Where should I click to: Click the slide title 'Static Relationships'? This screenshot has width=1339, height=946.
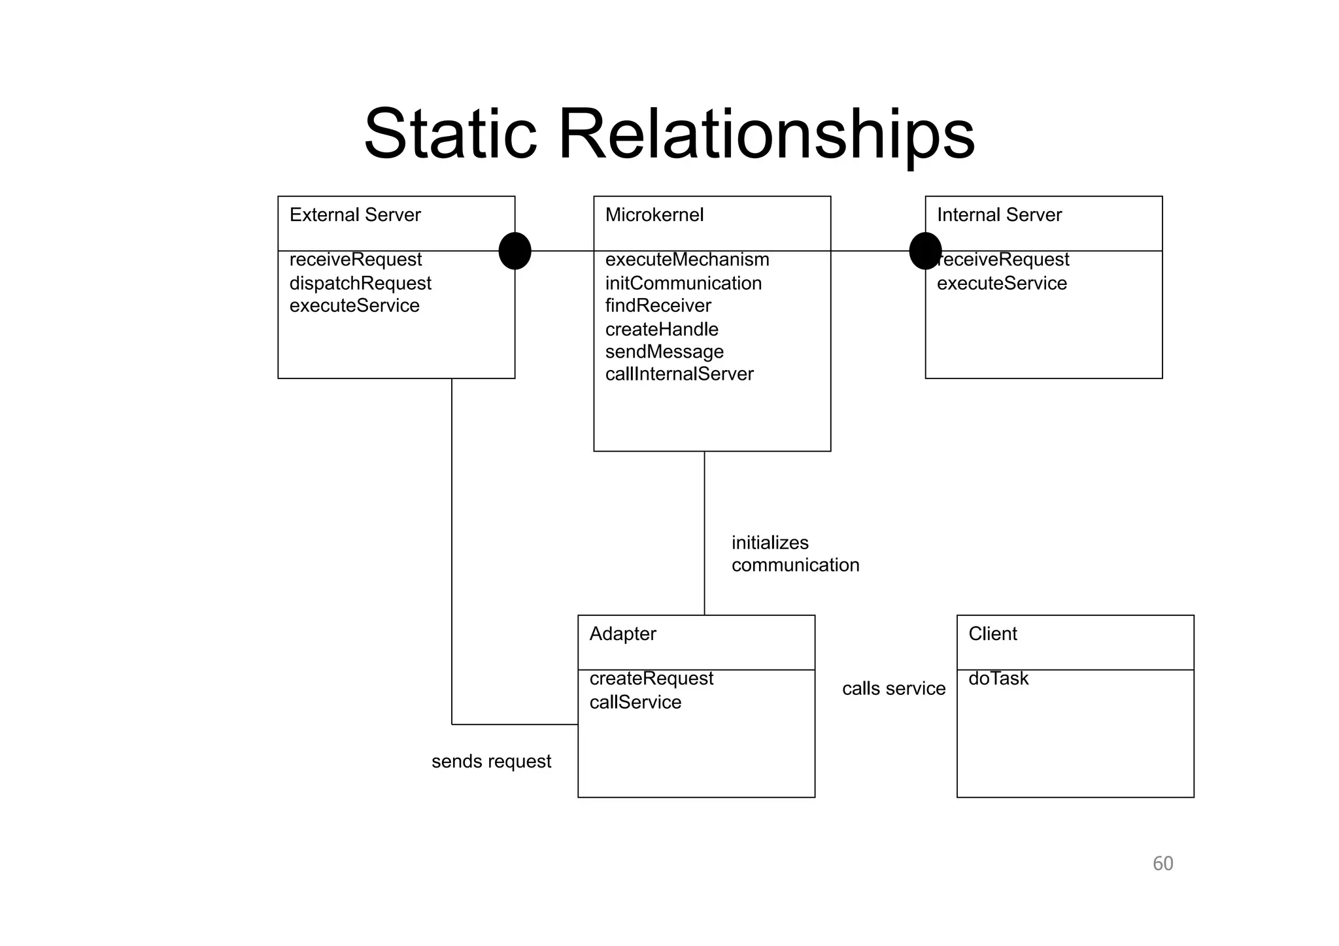669,134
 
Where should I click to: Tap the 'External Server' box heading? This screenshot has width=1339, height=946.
355,215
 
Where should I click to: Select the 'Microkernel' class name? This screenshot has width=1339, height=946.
654,215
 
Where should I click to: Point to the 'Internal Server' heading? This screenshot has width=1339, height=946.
999,215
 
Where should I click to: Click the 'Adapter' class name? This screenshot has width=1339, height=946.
622,634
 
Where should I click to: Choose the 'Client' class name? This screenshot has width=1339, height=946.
992,634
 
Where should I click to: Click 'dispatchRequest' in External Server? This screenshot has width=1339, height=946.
360,284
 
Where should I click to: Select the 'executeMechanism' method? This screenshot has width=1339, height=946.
687,260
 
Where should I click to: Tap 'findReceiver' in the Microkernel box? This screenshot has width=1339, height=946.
658,306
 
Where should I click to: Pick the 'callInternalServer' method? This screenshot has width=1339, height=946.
679,375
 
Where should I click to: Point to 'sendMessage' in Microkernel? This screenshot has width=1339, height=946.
664,352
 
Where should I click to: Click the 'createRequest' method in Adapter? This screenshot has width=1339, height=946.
651,679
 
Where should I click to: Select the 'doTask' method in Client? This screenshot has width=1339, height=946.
998,679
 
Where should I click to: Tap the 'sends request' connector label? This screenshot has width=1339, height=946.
491,762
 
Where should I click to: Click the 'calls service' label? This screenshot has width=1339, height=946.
894,689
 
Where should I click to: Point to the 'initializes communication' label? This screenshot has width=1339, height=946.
795,554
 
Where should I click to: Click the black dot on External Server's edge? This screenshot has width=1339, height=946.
515,251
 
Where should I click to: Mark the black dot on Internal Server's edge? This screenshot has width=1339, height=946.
925,251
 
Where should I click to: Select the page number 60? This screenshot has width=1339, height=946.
1162,864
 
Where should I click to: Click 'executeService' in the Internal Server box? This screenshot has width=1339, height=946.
1002,284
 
